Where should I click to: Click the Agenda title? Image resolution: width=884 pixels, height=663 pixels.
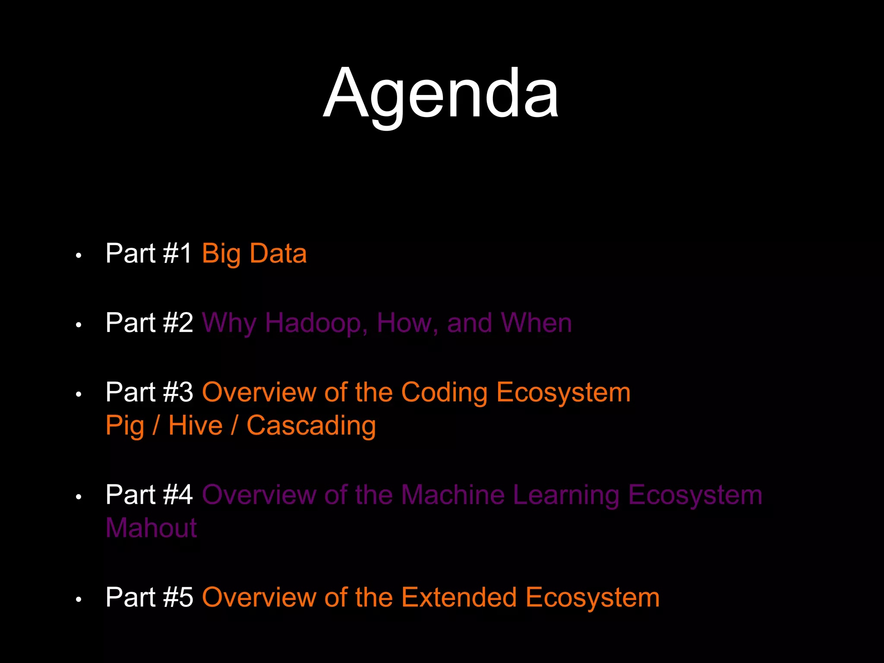pos(441,94)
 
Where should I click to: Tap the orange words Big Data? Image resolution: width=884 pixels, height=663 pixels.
pos(254,253)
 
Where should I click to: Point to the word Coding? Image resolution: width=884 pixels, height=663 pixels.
pos(444,392)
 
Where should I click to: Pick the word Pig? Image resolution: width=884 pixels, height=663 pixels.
pos(125,426)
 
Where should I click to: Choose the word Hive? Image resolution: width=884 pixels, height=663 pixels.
pos(195,426)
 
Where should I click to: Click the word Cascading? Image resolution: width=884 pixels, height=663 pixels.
pos(311,426)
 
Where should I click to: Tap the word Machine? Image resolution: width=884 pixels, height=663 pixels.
pos(453,495)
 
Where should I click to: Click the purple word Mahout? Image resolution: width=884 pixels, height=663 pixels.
pos(151,528)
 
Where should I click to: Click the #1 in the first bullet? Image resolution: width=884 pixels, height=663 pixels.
pos(177,253)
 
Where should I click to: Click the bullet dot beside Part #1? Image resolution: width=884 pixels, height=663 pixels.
pos(78,256)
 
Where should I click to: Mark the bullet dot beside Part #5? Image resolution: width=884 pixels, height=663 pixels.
pos(78,600)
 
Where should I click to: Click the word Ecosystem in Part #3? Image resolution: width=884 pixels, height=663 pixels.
pos(563,392)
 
